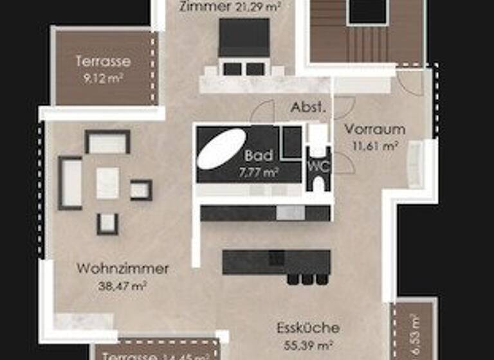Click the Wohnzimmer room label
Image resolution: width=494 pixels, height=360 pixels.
(122, 269)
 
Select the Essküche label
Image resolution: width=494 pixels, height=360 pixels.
(308, 328)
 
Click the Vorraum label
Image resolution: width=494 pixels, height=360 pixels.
(375, 129)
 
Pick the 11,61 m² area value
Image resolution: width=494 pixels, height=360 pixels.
(374, 145)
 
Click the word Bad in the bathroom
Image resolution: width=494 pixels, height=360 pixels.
(259, 156)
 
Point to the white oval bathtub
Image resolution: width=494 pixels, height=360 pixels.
(221, 148)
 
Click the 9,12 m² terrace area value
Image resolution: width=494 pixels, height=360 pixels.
(103, 78)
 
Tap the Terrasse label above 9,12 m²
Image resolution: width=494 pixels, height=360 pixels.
(103, 62)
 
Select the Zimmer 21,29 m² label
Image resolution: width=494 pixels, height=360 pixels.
(230, 7)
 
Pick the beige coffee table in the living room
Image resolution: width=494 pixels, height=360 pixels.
(108, 183)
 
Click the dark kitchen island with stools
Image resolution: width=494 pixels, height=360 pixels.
(277, 262)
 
